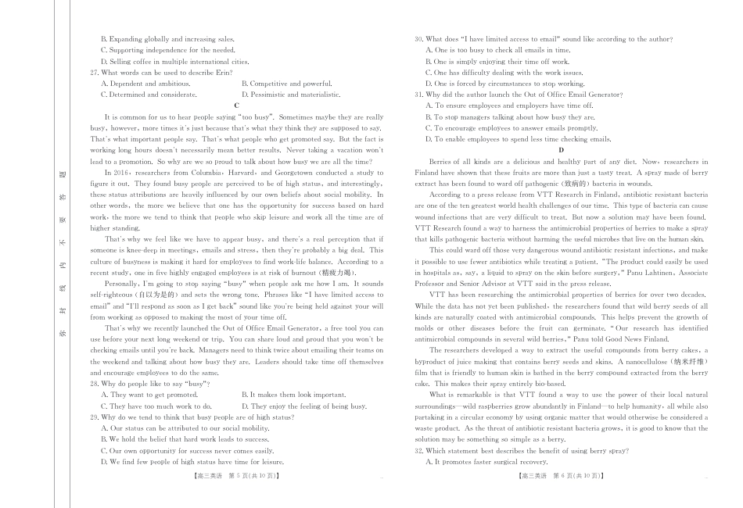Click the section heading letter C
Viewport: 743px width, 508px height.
(236, 106)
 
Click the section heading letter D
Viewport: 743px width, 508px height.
(561, 150)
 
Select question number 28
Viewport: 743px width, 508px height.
(95, 384)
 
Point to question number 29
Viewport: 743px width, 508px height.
(95, 417)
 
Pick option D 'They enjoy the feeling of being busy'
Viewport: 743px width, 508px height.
(303, 406)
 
